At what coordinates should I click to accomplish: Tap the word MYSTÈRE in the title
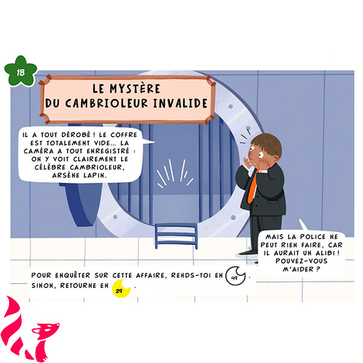(135, 89)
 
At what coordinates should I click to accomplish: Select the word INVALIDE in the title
(180, 103)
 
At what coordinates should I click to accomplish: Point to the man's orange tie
(253, 188)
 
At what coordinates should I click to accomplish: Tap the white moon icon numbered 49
(235, 276)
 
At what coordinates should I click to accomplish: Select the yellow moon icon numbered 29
(121, 289)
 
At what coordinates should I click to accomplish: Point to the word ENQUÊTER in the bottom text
(73, 275)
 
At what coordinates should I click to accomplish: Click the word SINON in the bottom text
(44, 286)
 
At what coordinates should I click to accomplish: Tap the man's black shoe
(249, 252)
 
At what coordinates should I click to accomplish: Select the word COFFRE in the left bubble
(124, 135)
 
